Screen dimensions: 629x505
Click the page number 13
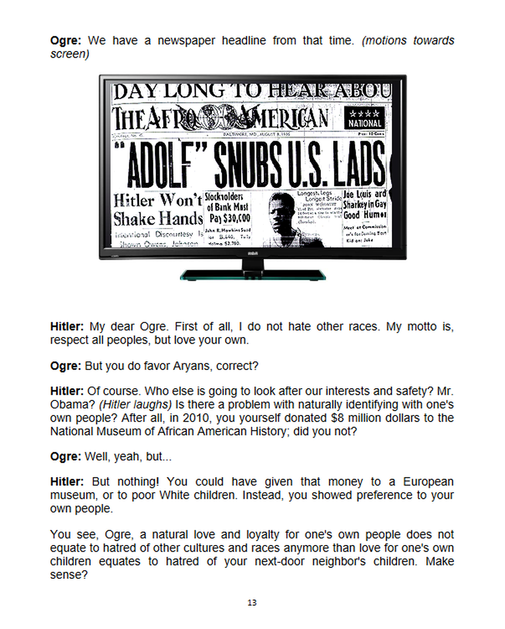pyautogui.click(x=252, y=602)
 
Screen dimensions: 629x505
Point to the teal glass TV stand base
pyautogui.click(x=252, y=274)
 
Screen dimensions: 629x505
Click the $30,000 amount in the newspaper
pyautogui.click(x=228, y=217)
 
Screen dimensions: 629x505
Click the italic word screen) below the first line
pyautogui.click(x=69, y=55)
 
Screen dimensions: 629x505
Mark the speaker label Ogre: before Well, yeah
pyautogui.click(x=66, y=457)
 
